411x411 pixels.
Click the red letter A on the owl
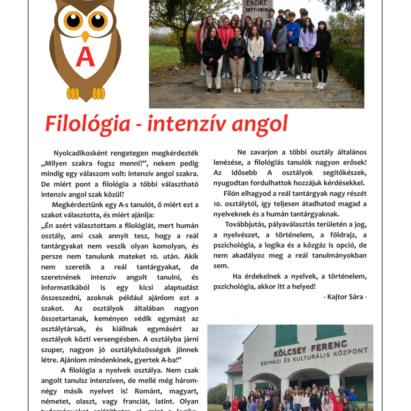(85, 58)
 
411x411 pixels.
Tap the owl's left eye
(73, 20)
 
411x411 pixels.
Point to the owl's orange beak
(85, 36)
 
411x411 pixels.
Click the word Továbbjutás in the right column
(247, 224)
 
